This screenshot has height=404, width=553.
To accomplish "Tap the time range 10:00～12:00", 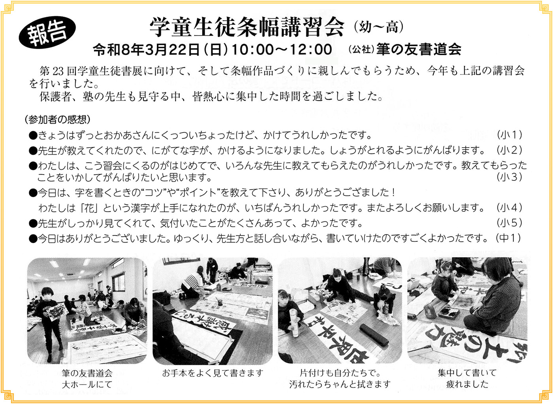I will click(282, 49).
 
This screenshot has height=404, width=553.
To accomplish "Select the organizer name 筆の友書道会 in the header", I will click(419, 49).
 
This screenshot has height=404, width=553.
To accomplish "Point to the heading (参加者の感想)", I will click(57, 119).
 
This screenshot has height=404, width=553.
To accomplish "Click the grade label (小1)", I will click(510, 135).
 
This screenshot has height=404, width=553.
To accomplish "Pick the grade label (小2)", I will click(510, 150).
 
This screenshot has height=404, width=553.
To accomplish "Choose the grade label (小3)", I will click(510, 177).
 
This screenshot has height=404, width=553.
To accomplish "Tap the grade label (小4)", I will click(510, 207).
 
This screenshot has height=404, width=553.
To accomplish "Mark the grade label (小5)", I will click(510, 223).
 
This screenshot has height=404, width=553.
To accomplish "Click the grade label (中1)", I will click(508, 238).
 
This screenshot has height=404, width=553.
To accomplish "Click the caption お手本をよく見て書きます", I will click(213, 373).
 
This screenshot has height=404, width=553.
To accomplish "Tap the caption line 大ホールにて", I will click(87, 384).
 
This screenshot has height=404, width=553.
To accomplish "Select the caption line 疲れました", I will click(467, 384).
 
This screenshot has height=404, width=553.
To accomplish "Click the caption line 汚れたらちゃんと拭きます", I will click(340, 384).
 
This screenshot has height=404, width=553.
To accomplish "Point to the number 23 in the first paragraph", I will click(58, 71).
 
